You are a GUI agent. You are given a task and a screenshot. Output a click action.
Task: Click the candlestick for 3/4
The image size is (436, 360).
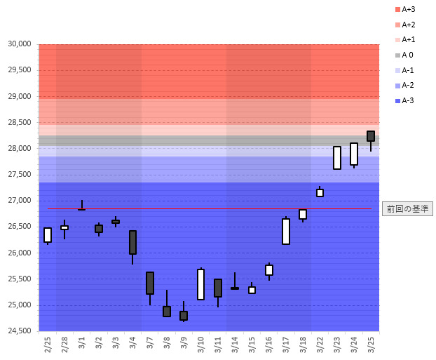pos(132,242)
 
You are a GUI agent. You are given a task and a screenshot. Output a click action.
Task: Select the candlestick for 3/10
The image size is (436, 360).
pos(200,284)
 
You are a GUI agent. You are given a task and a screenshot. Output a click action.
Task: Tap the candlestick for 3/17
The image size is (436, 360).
pos(286,231)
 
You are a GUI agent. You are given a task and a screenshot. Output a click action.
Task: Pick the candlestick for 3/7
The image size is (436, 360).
pos(149,283)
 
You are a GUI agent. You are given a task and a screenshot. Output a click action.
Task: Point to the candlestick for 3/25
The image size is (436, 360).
pos(371,136)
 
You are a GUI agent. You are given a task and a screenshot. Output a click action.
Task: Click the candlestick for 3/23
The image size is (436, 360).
pos(337,158)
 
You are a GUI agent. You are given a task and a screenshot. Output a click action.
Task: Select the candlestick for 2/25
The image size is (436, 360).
pos(48,235)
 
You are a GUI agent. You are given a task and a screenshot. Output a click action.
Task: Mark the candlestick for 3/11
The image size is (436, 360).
pos(218,288)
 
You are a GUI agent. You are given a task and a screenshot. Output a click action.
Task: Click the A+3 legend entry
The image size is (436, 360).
pos(406,9)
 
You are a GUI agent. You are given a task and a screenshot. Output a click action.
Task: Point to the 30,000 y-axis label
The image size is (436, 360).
pos(19,44)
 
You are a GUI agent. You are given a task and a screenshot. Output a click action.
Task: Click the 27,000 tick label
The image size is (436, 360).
pos(19,201)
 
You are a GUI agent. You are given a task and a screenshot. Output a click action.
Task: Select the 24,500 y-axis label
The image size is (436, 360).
pos(19,331)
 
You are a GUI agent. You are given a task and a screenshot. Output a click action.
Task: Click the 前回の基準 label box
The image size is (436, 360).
pos(407,208)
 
